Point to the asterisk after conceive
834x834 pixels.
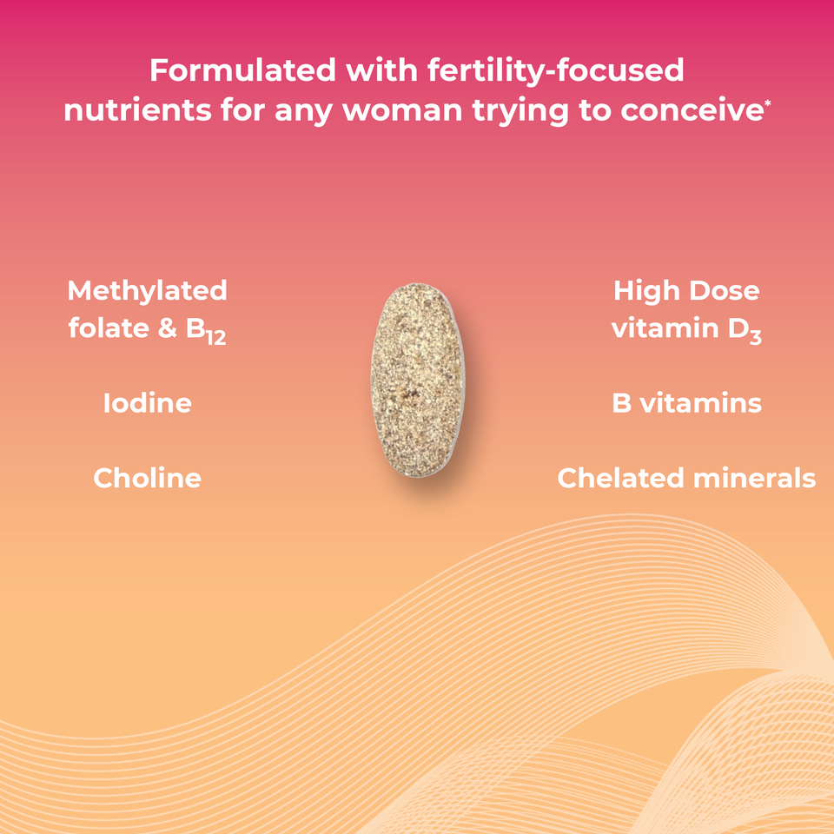[x=767, y=105]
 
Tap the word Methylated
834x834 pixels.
[x=147, y=290]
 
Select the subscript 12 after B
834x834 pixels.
[x=215, y=337]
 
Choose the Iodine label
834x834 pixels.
[x=147, y=404]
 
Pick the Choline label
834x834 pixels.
[x=147, y=478]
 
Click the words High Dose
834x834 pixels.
[x=686, y=290]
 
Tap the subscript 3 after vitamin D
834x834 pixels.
[x=755, y=337]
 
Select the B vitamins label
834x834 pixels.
[x=686, y=404]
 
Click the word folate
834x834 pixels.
[x=107, y=329]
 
